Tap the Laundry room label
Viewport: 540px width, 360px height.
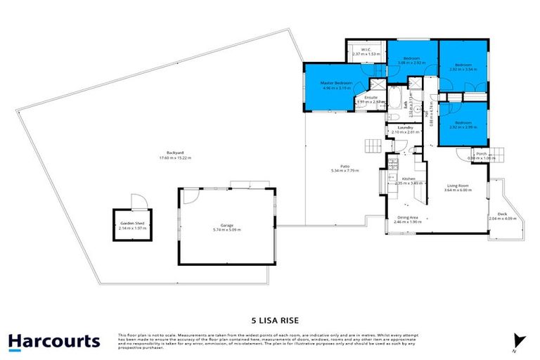[404, 127]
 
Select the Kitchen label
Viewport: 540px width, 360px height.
[409, 179]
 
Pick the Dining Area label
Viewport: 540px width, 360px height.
[408, 217]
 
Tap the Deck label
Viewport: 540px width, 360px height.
[502, 214]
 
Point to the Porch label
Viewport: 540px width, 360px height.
[482, 153]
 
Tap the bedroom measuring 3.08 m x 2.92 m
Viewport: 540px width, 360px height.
[411, 63]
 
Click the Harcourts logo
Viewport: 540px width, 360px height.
[54, 342]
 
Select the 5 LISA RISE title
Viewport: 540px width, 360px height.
[270, 316]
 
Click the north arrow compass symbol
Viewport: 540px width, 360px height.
[519, 340]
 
